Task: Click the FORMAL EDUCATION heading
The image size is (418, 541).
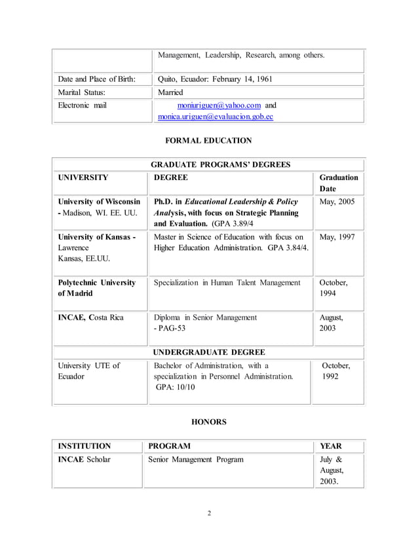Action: (x=208, y=140)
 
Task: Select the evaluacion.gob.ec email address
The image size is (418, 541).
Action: (x=216, y=117)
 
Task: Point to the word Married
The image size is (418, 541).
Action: (x=170, y=92)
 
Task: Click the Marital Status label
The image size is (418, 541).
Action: (x=81, y=92)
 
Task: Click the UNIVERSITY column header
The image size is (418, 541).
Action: (x=83, y=177)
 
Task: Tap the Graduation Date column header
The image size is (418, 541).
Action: (x=338, y=183)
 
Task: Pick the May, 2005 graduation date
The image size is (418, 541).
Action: (x=337, y=202)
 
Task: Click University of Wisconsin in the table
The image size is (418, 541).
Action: (x=99, y=202)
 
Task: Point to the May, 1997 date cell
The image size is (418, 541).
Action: (x=337, y=237)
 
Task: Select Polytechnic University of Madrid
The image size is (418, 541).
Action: (x=96, y=288)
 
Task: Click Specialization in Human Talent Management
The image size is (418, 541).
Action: (x=227, y=283)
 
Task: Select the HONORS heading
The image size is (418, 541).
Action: (x=208, y=422)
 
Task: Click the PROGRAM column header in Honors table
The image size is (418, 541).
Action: (x=170, y=446)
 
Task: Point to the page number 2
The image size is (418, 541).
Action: (x=208, y=513)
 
